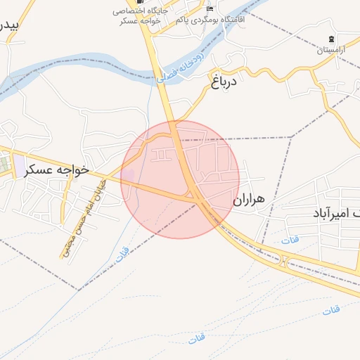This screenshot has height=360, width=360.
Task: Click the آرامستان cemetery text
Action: (332, 51)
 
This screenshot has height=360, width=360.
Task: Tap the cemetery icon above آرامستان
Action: (332, 37)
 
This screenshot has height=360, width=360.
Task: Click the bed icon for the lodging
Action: (210, 9)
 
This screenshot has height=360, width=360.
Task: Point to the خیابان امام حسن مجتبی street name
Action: (83, 220)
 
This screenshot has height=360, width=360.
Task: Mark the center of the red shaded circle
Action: (180, 179)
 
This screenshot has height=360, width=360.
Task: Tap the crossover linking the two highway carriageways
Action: (283, 263)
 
